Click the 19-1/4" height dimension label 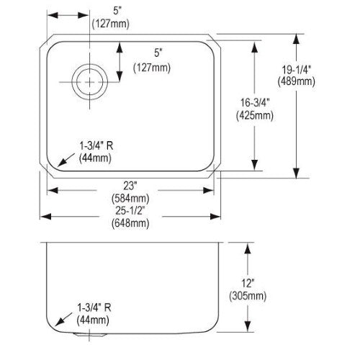[297, 70]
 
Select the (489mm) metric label [297, 81]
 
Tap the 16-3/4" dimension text [255, 103]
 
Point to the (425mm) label [255, 116]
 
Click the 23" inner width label [130, 186]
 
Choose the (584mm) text [130, 199]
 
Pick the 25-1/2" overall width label [130, 211]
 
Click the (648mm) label [130, 223]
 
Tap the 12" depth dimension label [248, 283]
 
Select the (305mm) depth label [248, 296]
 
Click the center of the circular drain [89, 82]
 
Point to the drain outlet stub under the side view [89, 335]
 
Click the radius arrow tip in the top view [58, 166]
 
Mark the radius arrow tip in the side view [55, 326]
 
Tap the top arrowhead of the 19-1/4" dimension [297, 39]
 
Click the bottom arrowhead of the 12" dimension [248, 327]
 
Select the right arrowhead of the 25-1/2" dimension [215, 217]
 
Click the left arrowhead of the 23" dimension [53, 191]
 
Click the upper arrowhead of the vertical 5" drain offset [120, 47]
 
